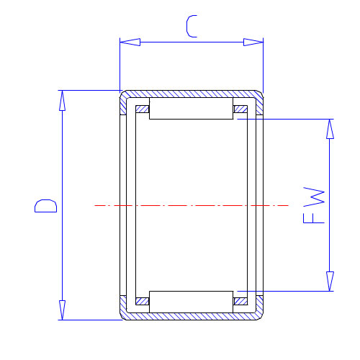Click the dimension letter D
[45, 206]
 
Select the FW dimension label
[314, 205]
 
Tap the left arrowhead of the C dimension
[130, 42]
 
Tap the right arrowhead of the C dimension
[253, 42]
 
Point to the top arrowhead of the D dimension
[62, 101]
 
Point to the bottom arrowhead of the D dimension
[62, 310]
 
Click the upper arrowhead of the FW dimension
[330, 129]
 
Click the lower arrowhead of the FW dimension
[330, 282]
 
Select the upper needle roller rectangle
[191, 108]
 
